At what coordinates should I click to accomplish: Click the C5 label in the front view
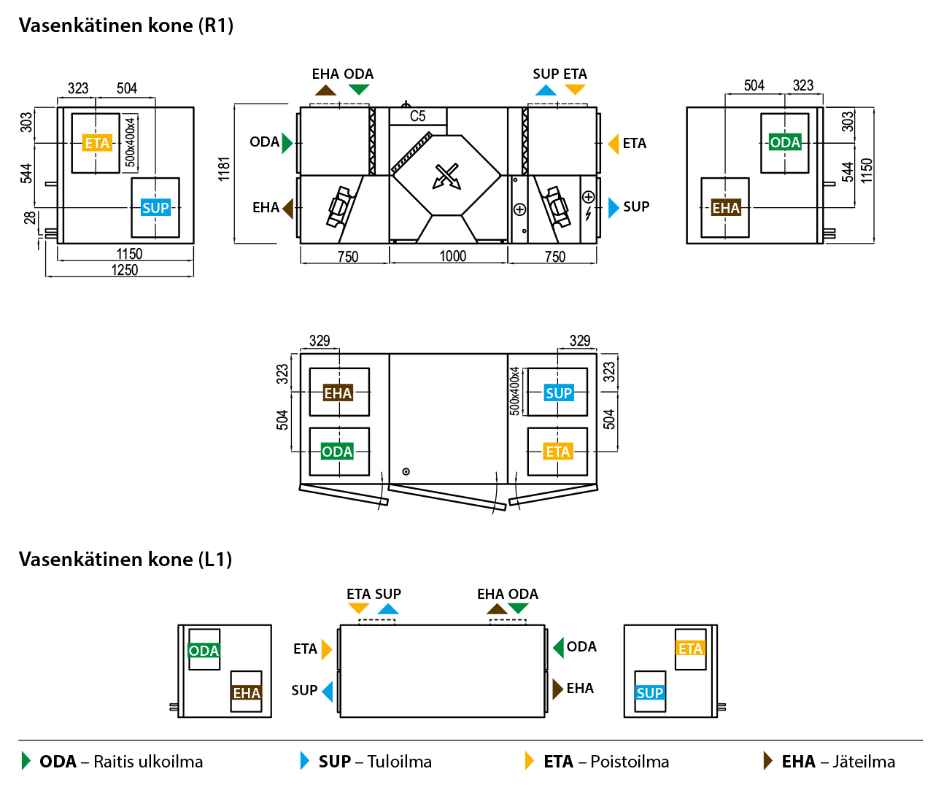click(417, 116)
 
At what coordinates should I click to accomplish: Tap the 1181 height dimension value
click(224, 169)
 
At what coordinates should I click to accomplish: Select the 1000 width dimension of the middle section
click(452, 256)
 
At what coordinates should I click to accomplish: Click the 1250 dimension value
click(124, 270)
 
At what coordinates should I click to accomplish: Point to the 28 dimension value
click(29, 217)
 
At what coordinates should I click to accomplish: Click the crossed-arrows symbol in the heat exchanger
click(446, 176)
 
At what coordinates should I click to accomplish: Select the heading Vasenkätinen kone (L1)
click(125, 560)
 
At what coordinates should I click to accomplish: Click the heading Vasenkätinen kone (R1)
click(126, 26)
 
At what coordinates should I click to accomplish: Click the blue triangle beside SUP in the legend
click(305, 761)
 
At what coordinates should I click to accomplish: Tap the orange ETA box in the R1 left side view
click(97, 143)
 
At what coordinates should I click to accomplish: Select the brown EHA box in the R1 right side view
click(726, 208)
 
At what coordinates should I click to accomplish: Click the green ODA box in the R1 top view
click(337, 452)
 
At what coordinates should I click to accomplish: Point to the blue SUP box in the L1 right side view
click(650, 693)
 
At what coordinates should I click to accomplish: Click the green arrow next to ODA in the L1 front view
click(559, 647)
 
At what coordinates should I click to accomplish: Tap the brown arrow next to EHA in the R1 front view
click(288, 208)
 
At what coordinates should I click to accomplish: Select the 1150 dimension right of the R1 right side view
click(867, 171)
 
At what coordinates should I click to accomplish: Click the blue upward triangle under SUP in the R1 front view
click(546, 90)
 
